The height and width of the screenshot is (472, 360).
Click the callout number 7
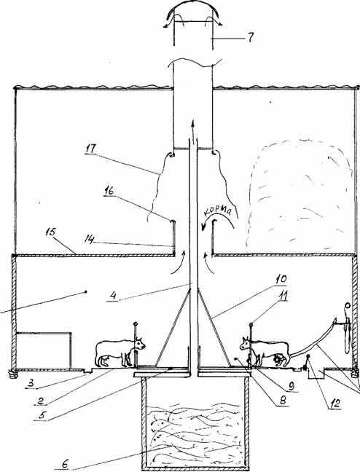[x=251, y=38]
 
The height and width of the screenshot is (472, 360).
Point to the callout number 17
[x=90, y=149]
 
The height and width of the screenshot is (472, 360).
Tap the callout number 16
[x=109, y=191]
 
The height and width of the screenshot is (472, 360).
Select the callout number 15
[x=51, y=233]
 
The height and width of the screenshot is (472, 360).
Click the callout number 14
[x=90, y=239]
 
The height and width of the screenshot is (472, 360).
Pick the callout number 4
[x=113, y=296]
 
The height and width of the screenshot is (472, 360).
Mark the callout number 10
[x=281, y=279]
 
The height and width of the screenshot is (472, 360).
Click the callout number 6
[x=66, y=464]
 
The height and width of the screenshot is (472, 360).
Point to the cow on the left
[x=120, y=353]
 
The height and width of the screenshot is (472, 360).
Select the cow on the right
[x=265, y=352]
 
